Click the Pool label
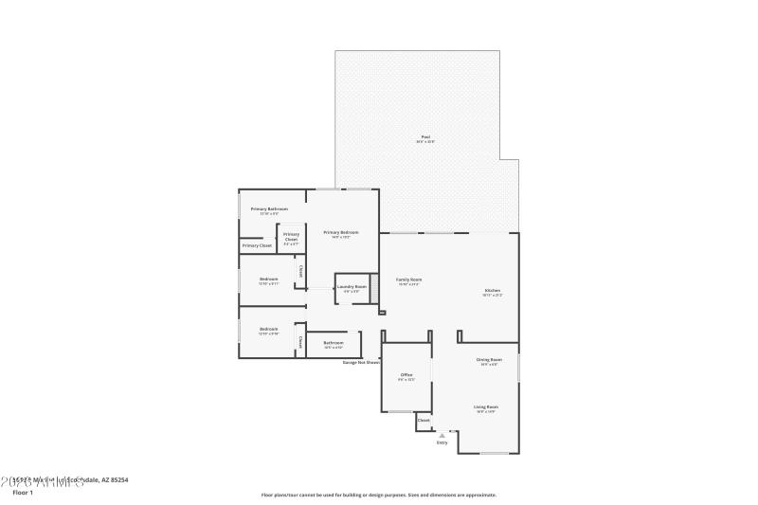coord(426,137)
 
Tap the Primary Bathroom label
coord(269,208)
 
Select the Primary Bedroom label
coord(341,232)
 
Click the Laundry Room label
coord(352,286)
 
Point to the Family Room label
coord(408,280)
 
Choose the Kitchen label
coord(493,291)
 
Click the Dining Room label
coord(489,360)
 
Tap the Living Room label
coord(486,406)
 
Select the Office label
coord(406,375)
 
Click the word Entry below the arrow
coord(442,442)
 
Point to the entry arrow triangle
coord(442,435)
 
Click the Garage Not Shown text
coord(361,362)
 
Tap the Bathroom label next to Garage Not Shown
coord(333,343)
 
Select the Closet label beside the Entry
coord(424,420)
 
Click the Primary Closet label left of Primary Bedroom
coord(257,245)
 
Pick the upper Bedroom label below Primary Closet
coord(269,279)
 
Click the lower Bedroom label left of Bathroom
coord(269,329)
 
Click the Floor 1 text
coord(23,493)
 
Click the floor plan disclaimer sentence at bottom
coord(378,495)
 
